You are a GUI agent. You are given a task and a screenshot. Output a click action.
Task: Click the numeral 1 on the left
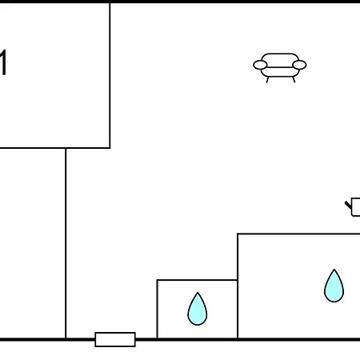[x=2, y=62]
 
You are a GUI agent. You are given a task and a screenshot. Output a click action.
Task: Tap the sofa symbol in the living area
[x=280, y=68]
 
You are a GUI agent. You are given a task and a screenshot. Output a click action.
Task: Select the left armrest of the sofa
[x=260, y=65]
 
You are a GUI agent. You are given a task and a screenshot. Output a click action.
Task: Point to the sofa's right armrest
[x=299, y=65]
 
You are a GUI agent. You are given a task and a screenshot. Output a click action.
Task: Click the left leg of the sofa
[x=267, y=80]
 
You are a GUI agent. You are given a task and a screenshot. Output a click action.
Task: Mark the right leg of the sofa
[x=294, y=80]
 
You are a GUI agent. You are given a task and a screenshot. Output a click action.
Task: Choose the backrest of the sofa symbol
[x=280, y=60]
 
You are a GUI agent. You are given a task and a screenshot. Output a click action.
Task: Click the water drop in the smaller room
[x=198, y=310]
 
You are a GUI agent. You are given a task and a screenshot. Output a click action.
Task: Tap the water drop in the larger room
[x=334, y=286]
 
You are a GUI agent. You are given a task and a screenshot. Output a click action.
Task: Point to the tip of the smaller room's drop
[x=198, y=293]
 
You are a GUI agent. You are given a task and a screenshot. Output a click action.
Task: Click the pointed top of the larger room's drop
[x=334, y=270]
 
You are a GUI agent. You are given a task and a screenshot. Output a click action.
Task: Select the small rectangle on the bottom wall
[x=115, y=339]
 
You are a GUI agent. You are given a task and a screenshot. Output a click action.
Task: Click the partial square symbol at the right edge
[x=354, y=207]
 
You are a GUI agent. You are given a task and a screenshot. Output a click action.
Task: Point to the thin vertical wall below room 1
[x=66, y=243]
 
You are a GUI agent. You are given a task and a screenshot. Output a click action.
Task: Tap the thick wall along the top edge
[x=180, y=2]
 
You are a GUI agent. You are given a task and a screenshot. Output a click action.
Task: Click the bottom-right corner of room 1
[x=110, y=148]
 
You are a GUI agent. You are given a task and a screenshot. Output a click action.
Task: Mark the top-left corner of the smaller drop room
[x=158, y=280]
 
